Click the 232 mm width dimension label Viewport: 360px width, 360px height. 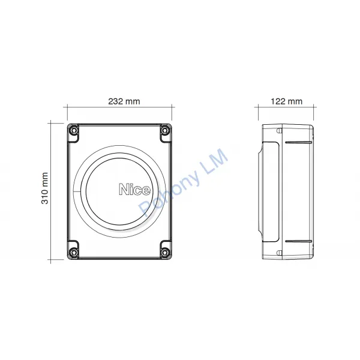[124, 101]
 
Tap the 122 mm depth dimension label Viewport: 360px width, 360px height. [287, 101]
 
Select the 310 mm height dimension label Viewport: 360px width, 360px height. [45, 188]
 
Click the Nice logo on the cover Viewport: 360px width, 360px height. [135, 190]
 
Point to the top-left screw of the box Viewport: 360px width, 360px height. [73, 130]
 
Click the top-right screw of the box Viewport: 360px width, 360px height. [164, 130]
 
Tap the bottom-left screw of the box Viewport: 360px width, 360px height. [73, 252]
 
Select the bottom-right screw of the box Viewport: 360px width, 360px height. [164, 252]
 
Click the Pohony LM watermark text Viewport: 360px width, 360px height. [183, 183]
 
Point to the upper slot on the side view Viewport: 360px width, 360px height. [298, 142]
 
